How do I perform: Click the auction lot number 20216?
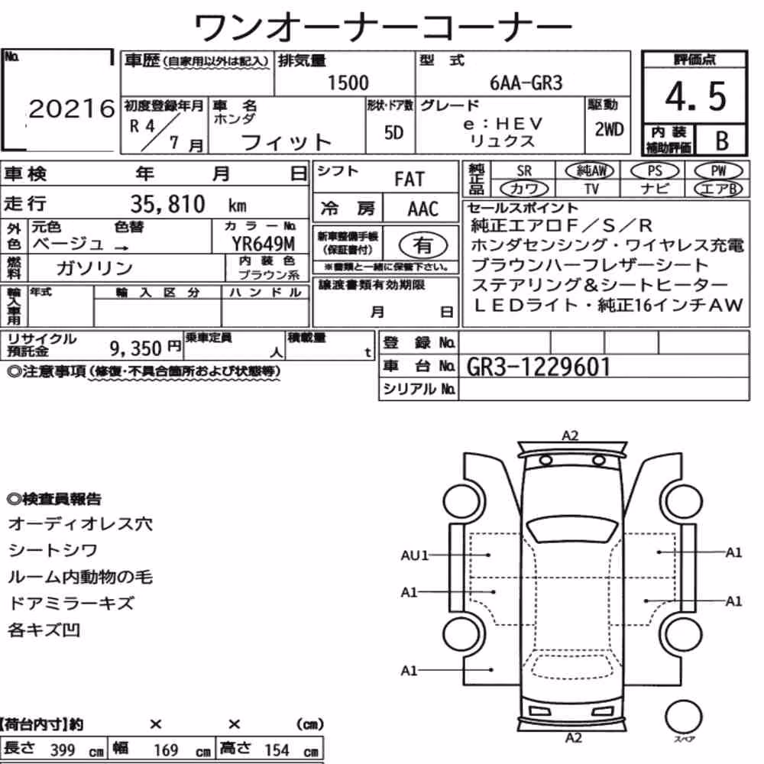(72, 108)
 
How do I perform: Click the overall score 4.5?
(695, 96)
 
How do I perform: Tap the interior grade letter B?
(722, 141)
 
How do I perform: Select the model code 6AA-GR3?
(526, 83)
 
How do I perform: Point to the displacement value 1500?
(348, 83)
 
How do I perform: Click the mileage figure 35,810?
(167, 204)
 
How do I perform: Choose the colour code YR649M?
(263, 243)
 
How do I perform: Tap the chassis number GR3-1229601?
(538, 367)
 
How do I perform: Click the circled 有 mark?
(423, 245)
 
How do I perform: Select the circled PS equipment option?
(655, 171)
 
